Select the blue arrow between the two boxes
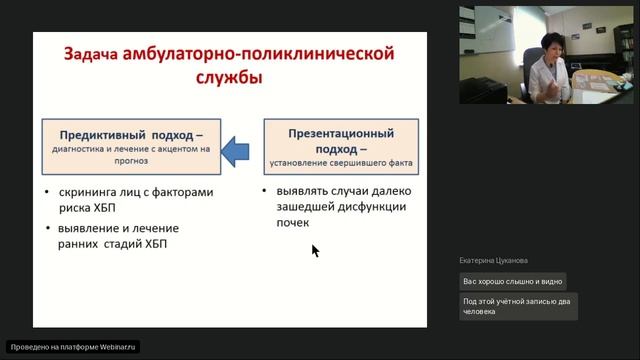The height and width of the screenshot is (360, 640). pyautogui.click(x=236, y=149)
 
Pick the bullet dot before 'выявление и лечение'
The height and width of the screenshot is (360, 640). pyautogui.click(x=49, y=228)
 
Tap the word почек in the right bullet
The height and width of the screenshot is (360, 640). pyautogui.click(x=297, y=223)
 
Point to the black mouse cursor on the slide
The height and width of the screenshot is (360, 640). pyautogui.click(x=315, y=250)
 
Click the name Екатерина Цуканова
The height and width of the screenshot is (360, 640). pyautogui.click(x=495, y=260)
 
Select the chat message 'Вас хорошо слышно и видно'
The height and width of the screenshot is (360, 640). pyautogui.click(x=513, y=281)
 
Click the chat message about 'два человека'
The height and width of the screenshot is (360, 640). pyautogui.click(x=518, y=306)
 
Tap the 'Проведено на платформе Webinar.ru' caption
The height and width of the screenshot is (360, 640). pyautogui.click(x=73, y=347)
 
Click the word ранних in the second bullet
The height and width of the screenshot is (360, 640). pyautogui.click(x=80, y=245)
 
